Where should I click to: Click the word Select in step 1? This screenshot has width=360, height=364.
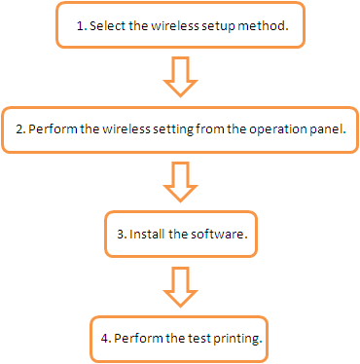click(107, 25)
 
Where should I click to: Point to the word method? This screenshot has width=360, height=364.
click(263, 25)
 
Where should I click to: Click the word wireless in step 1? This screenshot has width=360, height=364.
click(175, 25)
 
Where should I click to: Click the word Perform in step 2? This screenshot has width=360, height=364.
click(54, 128)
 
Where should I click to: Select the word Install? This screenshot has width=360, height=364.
click(147, 234)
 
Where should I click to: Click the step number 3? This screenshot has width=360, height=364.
click(122, 234)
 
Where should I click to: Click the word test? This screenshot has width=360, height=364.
click(199, 339)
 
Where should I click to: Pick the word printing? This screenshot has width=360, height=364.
click(237, 339)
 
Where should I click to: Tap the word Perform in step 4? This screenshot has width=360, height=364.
click(138, 338)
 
